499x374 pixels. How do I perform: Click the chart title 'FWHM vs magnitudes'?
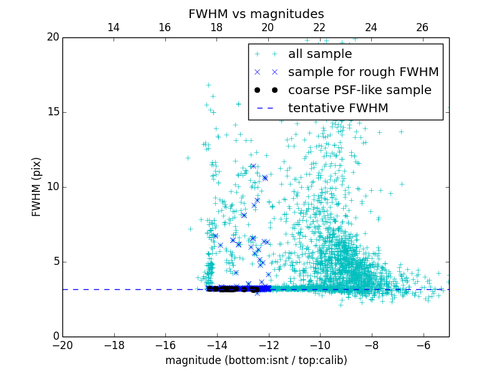coord(256,14)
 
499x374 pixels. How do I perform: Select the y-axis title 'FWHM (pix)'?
coord(37,186)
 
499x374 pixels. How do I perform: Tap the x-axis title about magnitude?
coord(256,360)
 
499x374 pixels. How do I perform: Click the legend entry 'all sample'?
coord(319,54)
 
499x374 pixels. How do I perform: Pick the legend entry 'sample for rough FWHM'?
coord(363,72)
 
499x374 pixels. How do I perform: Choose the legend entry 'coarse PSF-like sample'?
coord(359,90)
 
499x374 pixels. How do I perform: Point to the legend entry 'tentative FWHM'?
coord(337,108)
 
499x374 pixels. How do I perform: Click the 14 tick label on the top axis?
coord(114,27)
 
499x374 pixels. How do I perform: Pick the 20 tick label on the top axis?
coord(268,27)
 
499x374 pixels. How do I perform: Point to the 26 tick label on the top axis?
coord(422,27)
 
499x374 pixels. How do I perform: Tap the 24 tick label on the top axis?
coord(371,27)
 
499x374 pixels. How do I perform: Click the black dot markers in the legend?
coord(266,90)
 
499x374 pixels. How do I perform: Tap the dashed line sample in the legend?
coord(266,108)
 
